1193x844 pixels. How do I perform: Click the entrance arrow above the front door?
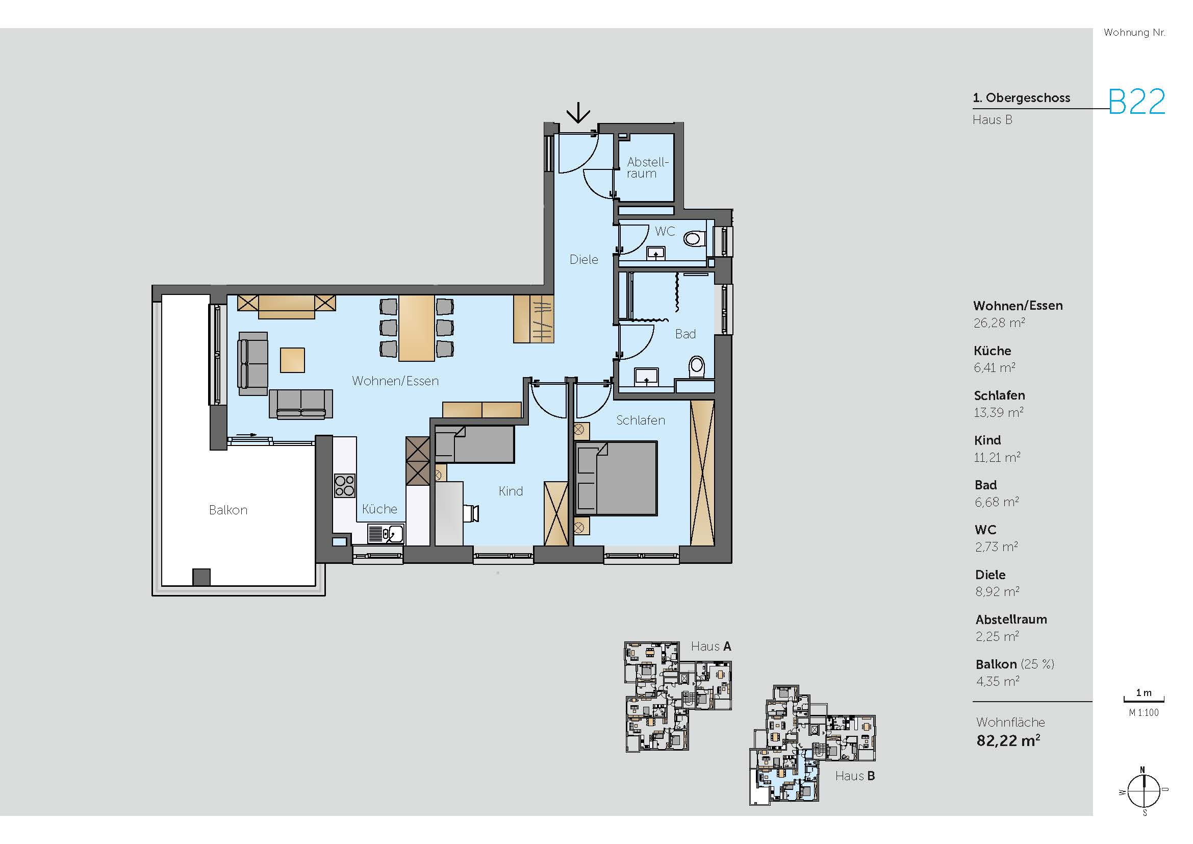[x=578, y=113]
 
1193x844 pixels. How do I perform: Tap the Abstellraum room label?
[x=647, y=168]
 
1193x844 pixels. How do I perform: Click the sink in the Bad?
[x=646, y=376]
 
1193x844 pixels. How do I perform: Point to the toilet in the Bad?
[x=696, y=366]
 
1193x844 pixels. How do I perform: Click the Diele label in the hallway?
[x=583, y=259]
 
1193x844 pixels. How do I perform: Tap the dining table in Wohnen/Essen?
[x=416, y=328]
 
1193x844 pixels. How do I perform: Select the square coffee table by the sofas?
[x=292, y=360]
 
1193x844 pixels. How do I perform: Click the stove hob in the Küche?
[x=344, y=485]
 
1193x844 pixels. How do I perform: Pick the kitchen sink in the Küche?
[x=386, y=534]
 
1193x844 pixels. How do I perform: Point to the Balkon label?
[x=228, y=510]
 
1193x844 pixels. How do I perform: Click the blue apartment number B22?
[x=1137, y=102]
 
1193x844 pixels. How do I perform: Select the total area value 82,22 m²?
[x=1008, y=740]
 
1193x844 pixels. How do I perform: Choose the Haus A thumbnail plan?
[x=678, y=697]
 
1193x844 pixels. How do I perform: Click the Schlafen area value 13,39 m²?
[x=999, y=413]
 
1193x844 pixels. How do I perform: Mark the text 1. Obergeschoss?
[x=1022, y=97]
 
